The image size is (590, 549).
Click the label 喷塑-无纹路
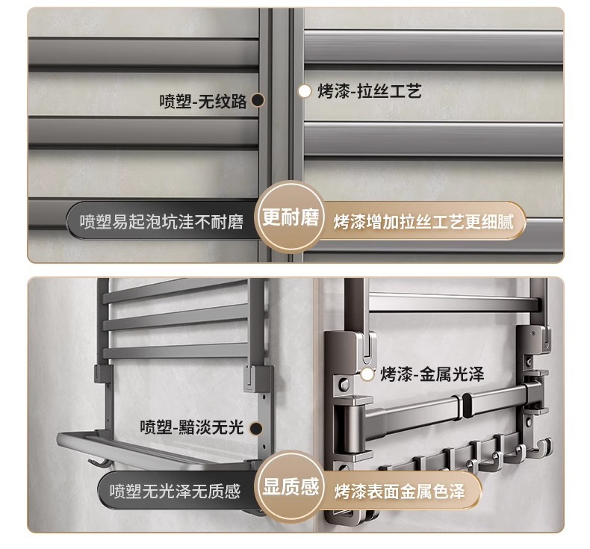[x=203, y=102]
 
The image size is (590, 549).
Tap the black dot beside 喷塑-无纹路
[x=258, y=101]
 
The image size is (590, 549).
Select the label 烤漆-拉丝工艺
[x=369, y=91]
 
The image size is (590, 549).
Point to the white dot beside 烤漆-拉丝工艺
[x=305, y=91]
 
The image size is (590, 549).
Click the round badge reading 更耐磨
[x=291, y=217]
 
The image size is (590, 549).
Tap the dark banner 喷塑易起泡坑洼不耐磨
[x=162, y=221]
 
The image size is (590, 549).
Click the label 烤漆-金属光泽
[x=432, y=374]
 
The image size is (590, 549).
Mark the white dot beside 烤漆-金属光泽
[x=367, y=374]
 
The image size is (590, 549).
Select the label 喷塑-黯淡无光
[x=192, y=427]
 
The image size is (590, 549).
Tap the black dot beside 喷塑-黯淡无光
[x=256, y=428]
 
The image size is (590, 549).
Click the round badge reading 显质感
[x=291, y=487]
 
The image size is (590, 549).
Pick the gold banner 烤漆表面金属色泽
[x=400, y=491]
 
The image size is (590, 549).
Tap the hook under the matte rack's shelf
[x=96, y=463]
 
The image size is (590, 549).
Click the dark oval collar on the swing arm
[x=467, y=407]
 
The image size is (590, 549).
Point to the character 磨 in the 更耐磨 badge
[x=310, y=217]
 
